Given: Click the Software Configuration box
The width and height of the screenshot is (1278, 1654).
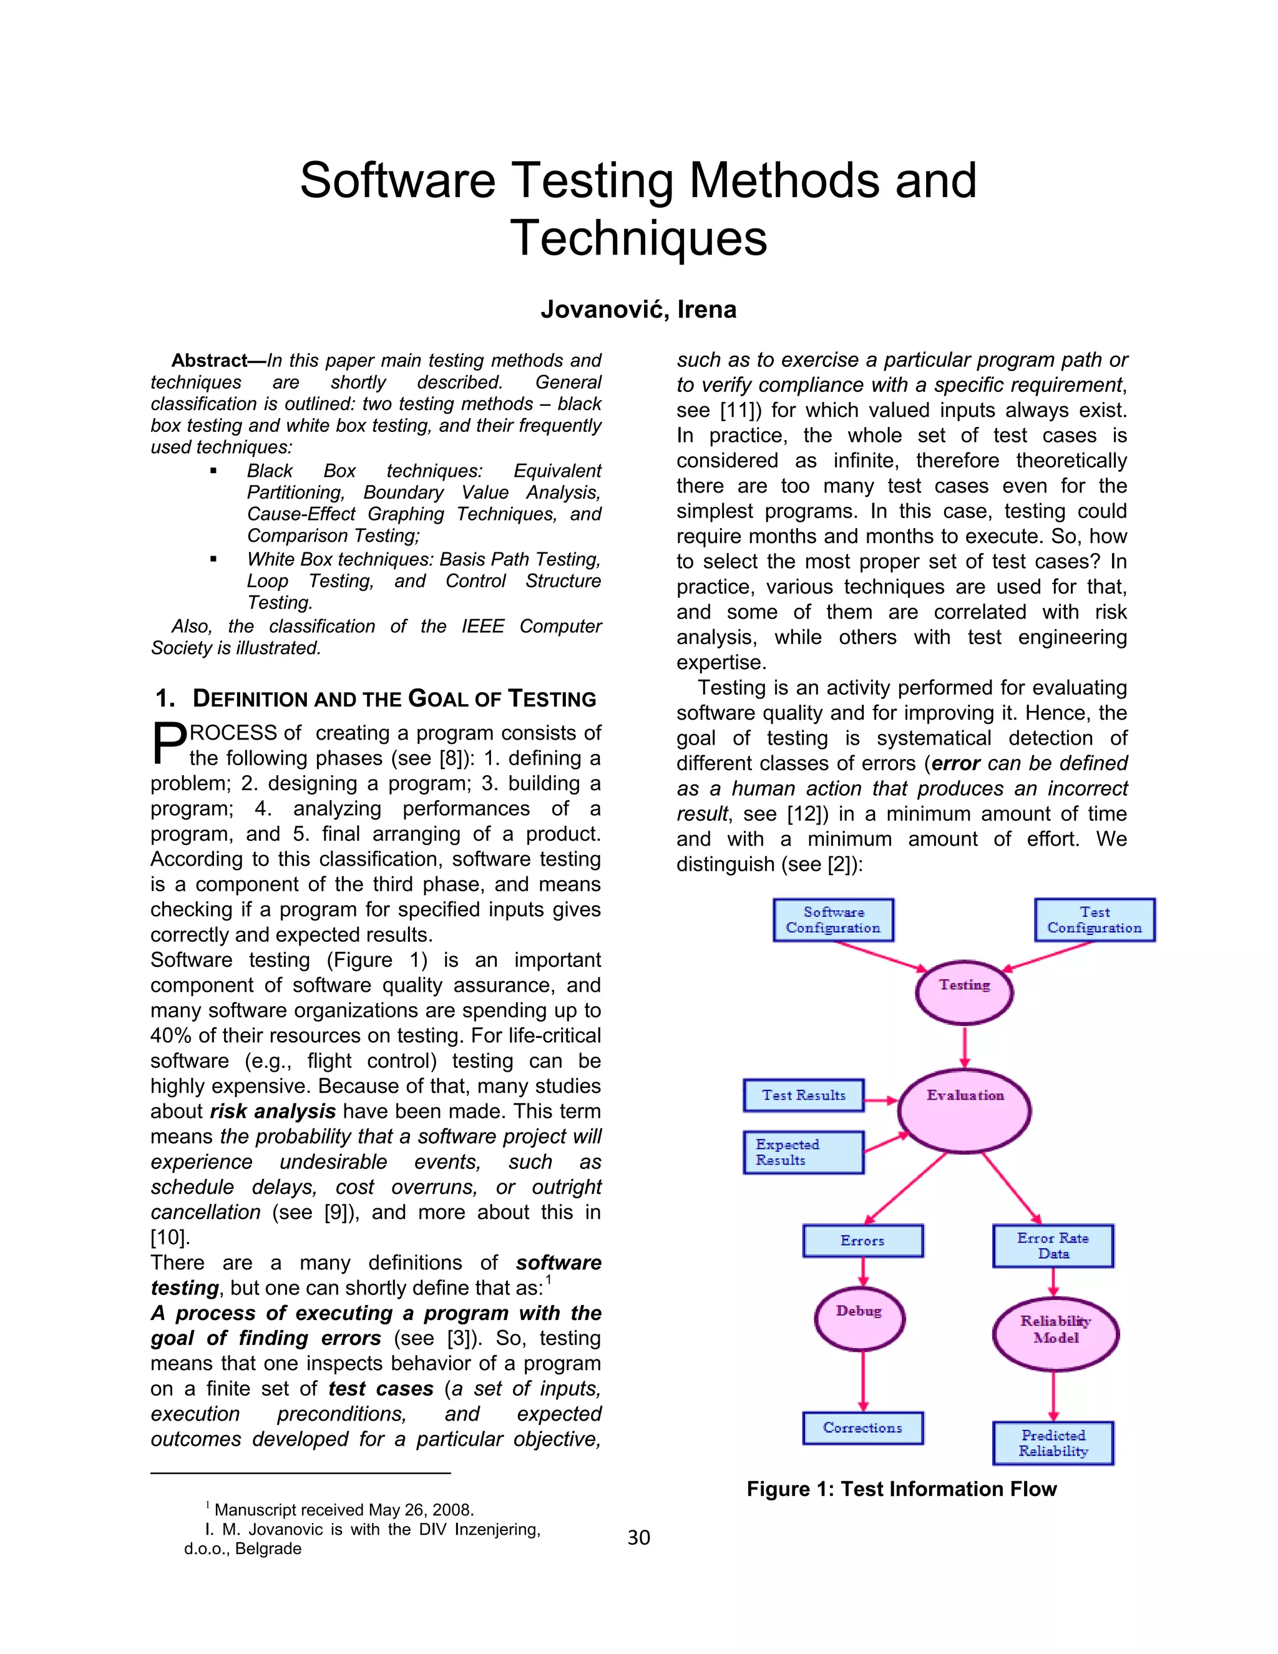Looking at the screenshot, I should [833, 919].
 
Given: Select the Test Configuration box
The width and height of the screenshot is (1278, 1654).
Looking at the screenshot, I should [1094, 919].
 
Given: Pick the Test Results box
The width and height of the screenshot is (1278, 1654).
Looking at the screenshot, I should [803, 1095].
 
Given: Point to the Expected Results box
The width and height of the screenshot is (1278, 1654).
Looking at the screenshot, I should [803, 1152].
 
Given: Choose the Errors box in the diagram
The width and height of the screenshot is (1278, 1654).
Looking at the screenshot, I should [862, 1241].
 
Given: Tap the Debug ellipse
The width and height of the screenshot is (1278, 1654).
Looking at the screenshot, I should [859, 1318].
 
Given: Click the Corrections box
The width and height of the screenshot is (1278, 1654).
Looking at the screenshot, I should [862, 1427].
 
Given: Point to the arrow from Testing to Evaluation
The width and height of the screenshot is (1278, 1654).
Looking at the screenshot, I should [963, 1047].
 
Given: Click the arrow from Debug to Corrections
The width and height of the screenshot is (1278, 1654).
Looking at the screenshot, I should [862, 1381].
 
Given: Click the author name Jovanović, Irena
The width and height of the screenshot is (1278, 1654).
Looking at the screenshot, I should [638, 310].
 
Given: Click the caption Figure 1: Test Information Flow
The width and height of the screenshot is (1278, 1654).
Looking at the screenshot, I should [901, 1489].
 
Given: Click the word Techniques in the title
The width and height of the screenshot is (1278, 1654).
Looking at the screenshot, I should [638, 238].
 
